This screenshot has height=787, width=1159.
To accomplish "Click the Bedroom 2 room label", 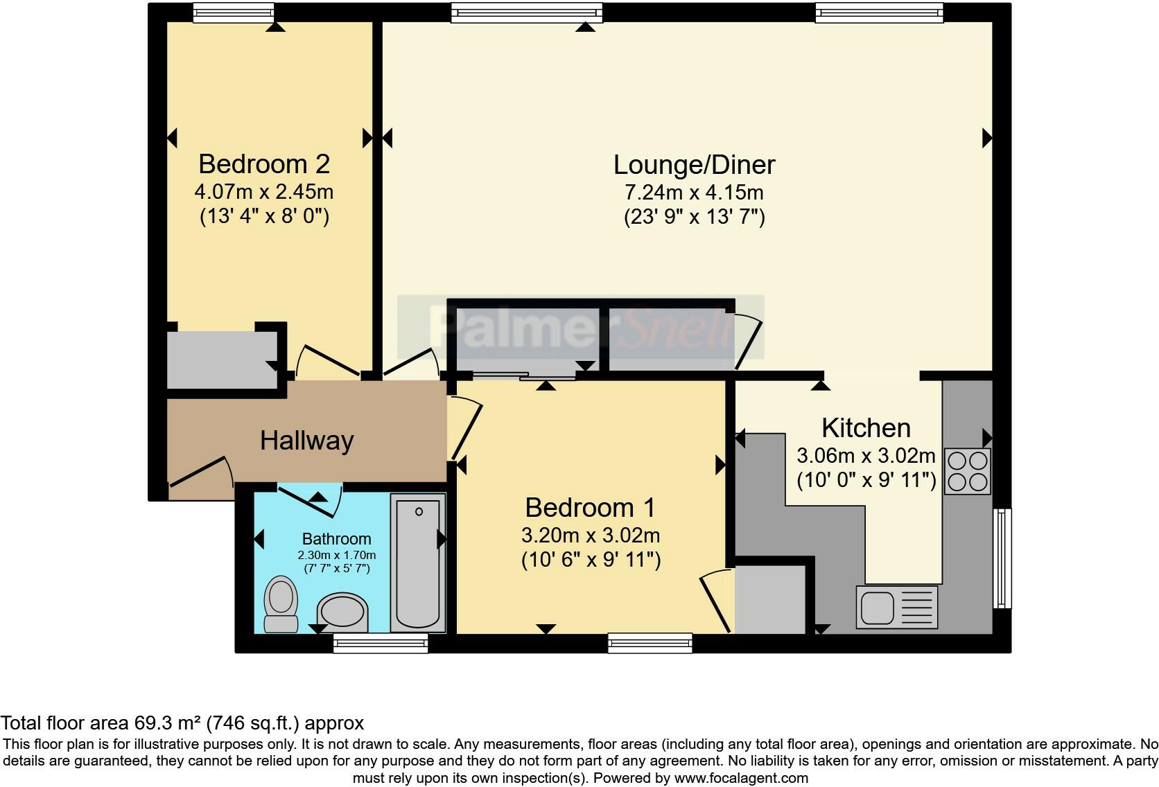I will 264,164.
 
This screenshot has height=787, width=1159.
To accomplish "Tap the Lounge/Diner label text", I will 694,165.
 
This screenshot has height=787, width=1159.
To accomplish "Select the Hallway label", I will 306,441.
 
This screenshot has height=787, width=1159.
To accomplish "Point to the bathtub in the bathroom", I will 417,562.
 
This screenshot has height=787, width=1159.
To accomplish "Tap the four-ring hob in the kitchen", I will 968,471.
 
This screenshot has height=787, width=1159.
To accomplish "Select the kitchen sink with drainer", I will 896,607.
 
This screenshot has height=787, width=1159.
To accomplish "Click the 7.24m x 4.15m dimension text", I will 694,192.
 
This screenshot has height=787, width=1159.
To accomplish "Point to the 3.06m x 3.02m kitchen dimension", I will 866,456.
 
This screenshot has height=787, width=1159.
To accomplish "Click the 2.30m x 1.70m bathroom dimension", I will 337,555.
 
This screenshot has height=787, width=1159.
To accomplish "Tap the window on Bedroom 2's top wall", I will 233,12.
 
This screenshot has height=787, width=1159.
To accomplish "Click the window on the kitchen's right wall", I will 1002,558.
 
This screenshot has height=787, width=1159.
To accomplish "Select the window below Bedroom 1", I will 650,643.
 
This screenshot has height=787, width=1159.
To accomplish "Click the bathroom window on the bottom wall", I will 380,643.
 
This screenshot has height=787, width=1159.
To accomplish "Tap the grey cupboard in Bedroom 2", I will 222,359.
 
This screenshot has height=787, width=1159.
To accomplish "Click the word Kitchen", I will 866,428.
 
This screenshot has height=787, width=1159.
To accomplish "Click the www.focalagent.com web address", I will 741,777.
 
